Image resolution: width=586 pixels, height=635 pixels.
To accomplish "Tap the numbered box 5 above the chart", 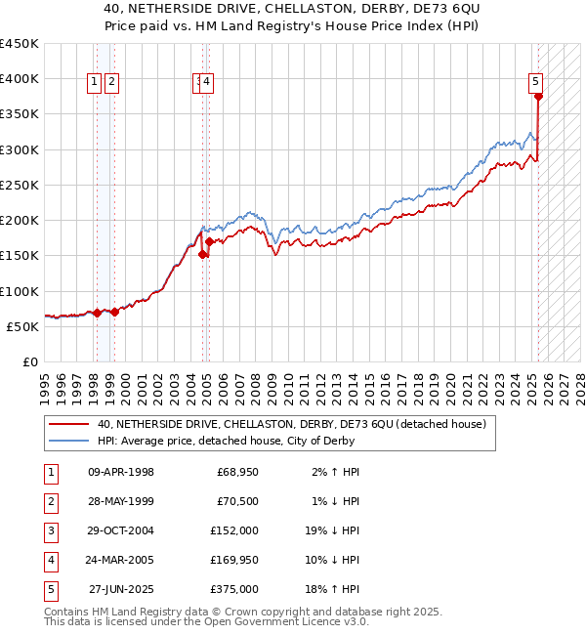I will (x=536, y=83).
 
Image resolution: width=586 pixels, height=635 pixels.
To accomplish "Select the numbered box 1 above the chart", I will (x=96, y=83).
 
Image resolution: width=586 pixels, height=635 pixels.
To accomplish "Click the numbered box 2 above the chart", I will (x=112, y=83).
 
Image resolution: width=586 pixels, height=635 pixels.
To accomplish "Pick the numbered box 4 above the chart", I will (x=208, y=83).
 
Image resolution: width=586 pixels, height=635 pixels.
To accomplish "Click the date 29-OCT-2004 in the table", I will (x=121, y=530).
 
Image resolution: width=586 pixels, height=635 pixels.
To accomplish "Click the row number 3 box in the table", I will (x=49, y=530).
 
